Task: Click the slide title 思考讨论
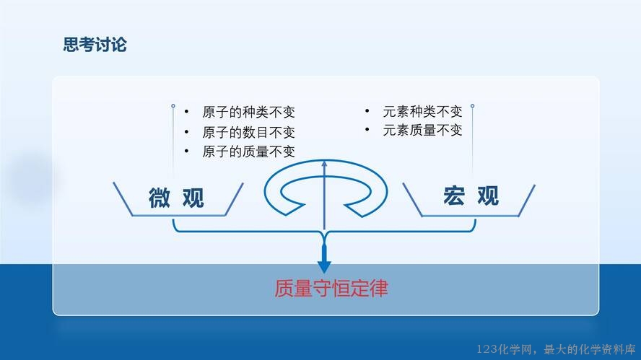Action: click(x=95, y=45)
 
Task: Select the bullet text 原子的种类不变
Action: click(x=248, y=112)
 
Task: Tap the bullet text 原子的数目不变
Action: click(x=248, y=132)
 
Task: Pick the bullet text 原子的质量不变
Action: click(x=248, y=152)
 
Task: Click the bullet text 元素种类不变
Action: click(x=423, y=111)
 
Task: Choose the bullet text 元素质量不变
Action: click(x=423, y=131)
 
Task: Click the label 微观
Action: click(x=176, y=198)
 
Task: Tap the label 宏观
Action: click(x=471, y=196)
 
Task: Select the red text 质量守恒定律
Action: click(x=331, y=289)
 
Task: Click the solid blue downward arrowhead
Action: click(x=324, y=266)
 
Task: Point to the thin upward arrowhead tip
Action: click(x=324, y=161)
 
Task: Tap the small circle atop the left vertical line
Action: click(x=173, y=106)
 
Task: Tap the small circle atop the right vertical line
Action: click(x=472, y=106)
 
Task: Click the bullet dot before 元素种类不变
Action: click(x=367, y=110)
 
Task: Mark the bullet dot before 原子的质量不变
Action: click(x=186, y=152)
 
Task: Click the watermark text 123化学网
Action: click(x=504, y=349)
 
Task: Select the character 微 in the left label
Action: click(x=159, y=198)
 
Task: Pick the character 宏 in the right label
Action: click(x=454, y=196)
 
